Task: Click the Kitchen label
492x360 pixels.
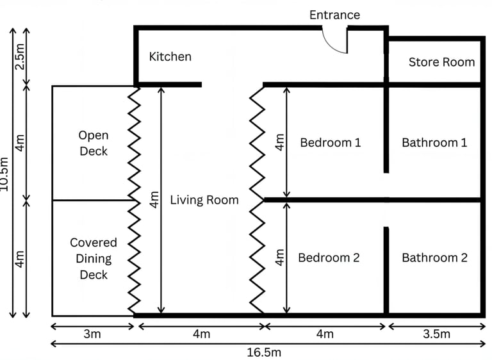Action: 170,57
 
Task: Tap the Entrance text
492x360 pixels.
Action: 334,15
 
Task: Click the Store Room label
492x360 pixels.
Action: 441,62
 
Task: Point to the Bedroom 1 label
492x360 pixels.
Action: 330,142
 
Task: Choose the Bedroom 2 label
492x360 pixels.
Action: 329,258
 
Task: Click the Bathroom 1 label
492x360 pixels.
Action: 434,142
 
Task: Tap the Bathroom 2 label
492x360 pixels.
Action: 434,258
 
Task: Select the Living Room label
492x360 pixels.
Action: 204,200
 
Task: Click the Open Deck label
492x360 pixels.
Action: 94,143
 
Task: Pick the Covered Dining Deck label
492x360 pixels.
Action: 94,259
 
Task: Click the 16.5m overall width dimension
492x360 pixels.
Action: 263,352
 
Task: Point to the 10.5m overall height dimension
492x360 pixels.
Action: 6,173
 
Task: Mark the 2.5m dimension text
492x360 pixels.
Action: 20,56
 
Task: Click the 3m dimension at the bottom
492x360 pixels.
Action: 92,334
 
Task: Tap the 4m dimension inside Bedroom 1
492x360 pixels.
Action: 279,142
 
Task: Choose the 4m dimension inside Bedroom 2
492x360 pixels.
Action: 279,258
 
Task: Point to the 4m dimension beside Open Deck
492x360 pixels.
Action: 20,142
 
